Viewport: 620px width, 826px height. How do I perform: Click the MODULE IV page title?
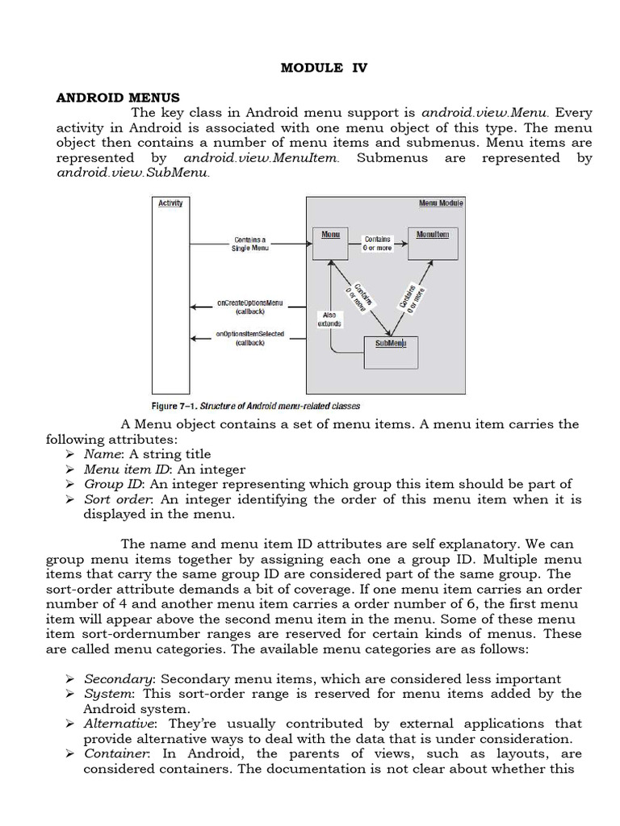[x=323, y=68]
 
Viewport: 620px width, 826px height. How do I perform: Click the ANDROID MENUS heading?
[x=118, y=98]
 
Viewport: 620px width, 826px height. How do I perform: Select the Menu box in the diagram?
[x=331, y=243]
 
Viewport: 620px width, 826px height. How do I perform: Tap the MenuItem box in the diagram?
[x=433, y=243]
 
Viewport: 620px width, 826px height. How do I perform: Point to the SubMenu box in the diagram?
[x=392, y=353]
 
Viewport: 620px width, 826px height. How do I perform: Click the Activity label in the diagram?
[x=170, y=203]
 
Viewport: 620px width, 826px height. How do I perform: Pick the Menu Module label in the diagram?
[x=440, y=203]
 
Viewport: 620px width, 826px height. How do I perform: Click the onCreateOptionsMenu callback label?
[x=249, y=307]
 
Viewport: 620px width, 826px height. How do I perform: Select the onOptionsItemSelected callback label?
[x=249, y=338]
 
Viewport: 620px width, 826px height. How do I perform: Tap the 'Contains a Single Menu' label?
[x=249, y=244]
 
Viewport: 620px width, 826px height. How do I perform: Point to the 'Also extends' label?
[x=330, y=319]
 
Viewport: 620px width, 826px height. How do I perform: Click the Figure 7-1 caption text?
[x=255, y=406]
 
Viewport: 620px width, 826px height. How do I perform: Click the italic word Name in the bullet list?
[x=100, y=454]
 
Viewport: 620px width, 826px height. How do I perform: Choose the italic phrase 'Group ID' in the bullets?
[x=112, y=484]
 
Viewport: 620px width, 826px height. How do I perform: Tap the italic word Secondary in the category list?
[x=115, y=678]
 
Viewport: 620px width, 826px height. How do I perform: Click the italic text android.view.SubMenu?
[x=132, y=173]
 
